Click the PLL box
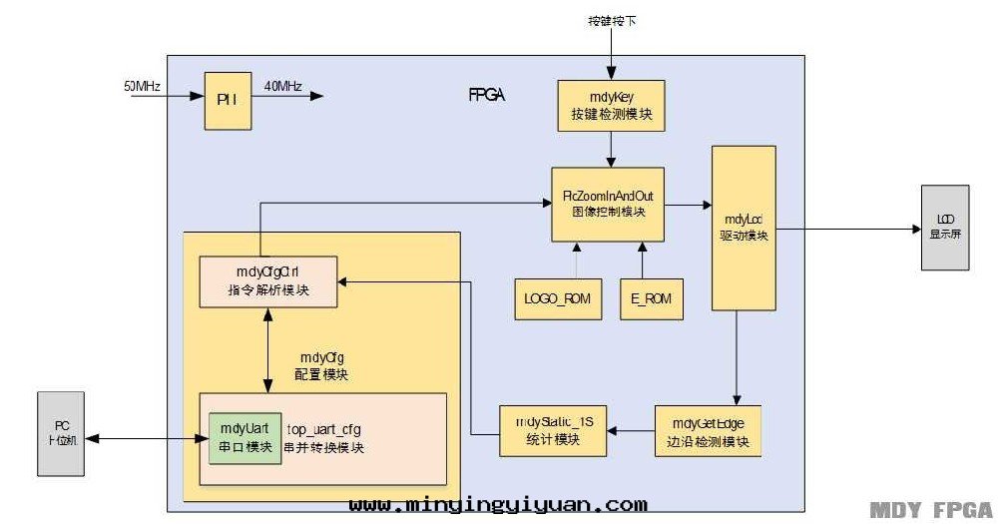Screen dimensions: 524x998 point(225,99)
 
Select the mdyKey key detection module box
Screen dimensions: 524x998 point(610,106)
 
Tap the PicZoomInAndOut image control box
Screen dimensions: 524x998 point(608,204)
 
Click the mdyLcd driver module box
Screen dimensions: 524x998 point(744,228)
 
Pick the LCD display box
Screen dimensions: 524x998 point(944,228)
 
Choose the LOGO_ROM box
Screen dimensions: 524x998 point(559,297)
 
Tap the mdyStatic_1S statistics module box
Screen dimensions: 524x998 point(555,431)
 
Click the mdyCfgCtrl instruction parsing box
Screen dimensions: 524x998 point(267,282)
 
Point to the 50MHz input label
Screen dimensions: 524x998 point(143,86)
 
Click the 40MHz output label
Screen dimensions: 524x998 point(283,86)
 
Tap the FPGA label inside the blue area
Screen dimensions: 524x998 point(486,96)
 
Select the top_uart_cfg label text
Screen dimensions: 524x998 point(324,429)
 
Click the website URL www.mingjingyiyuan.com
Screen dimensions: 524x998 point(498,506)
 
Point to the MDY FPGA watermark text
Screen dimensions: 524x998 point(929,510)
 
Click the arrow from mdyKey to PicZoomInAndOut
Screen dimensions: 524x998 point(610,149)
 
